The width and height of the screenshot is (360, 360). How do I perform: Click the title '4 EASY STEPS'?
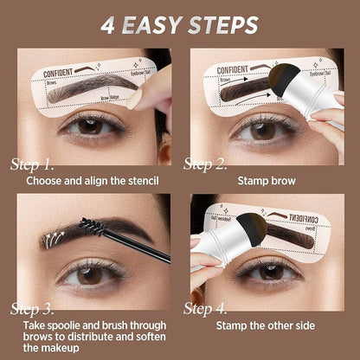click(x=180, y=22)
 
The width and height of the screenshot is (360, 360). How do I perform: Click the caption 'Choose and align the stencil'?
click(x=93, y=182)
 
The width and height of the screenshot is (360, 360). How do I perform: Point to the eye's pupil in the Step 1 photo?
click(x=90, y=125)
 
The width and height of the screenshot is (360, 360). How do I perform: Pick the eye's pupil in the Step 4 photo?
click(x=271, y=270)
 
